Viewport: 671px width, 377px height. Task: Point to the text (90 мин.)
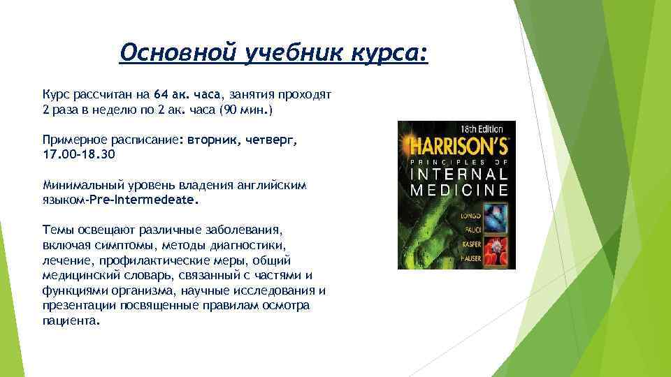pyautogui.click(x=246, y=110)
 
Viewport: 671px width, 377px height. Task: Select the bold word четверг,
pyautogui.click(x=269, y=139)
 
